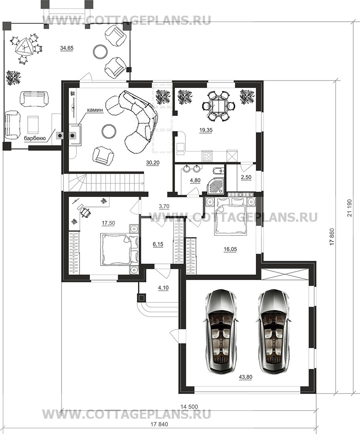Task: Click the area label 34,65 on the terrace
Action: click(66, 48)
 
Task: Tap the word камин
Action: click(95, 110)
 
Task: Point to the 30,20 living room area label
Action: click(153, 163)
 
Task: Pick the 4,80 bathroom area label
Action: click(195, 180)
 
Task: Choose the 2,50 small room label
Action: click(246, 178)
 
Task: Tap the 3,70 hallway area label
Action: click(164, 206)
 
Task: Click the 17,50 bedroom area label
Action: click(108, 223)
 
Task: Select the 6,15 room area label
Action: click(158, 244)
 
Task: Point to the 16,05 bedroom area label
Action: click(230, 249)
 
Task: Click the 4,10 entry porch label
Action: click(163, 288)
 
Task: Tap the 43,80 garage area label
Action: click(245, 377)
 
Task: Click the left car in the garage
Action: click(221, 331)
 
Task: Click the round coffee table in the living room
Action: click(108, 131)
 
